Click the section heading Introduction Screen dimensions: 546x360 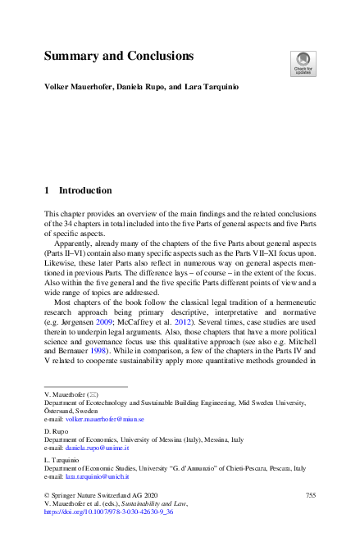[x=84, y=189]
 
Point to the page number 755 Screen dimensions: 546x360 [x=310, y=495]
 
